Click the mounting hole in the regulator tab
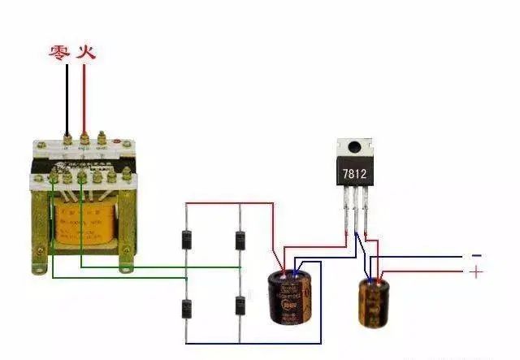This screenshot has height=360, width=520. click(x=355, y=148)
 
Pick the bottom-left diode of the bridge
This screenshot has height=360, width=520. click(x=186, y=308)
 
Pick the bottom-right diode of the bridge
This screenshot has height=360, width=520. click(x=240, y=306)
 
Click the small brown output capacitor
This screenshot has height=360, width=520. click(x=373, y=301)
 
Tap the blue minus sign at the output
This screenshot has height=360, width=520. click(x=476, y=255)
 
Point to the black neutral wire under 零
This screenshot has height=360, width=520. click(x=66, y=98)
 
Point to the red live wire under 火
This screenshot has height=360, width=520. click(x=84, y=98)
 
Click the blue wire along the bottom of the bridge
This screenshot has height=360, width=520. click(x=252, y=343)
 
